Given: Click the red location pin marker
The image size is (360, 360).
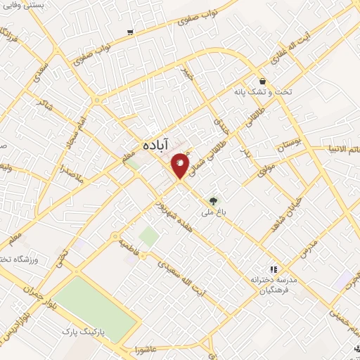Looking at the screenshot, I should coord(180,165).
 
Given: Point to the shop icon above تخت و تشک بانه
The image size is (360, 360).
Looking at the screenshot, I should coord(262,82).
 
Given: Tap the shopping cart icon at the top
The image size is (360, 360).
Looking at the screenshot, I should coord(130,32).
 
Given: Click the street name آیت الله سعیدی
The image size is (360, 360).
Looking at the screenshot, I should coord(180,281).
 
